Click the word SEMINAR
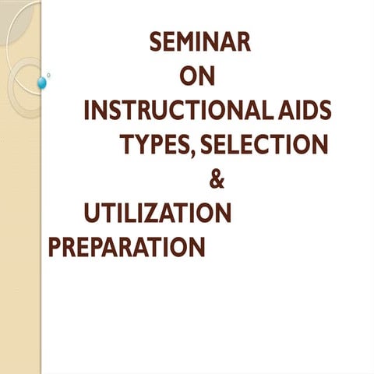coord(200,42)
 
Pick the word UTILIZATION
coord(157,213)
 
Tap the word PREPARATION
coord(126,247)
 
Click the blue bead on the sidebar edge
coord(42,82)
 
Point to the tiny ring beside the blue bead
coord(49,75)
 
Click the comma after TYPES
coord(192,152)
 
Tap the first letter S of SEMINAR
coord(156,42)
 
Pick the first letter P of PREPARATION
coord(55,247)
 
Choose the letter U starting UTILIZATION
coord(92,213)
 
